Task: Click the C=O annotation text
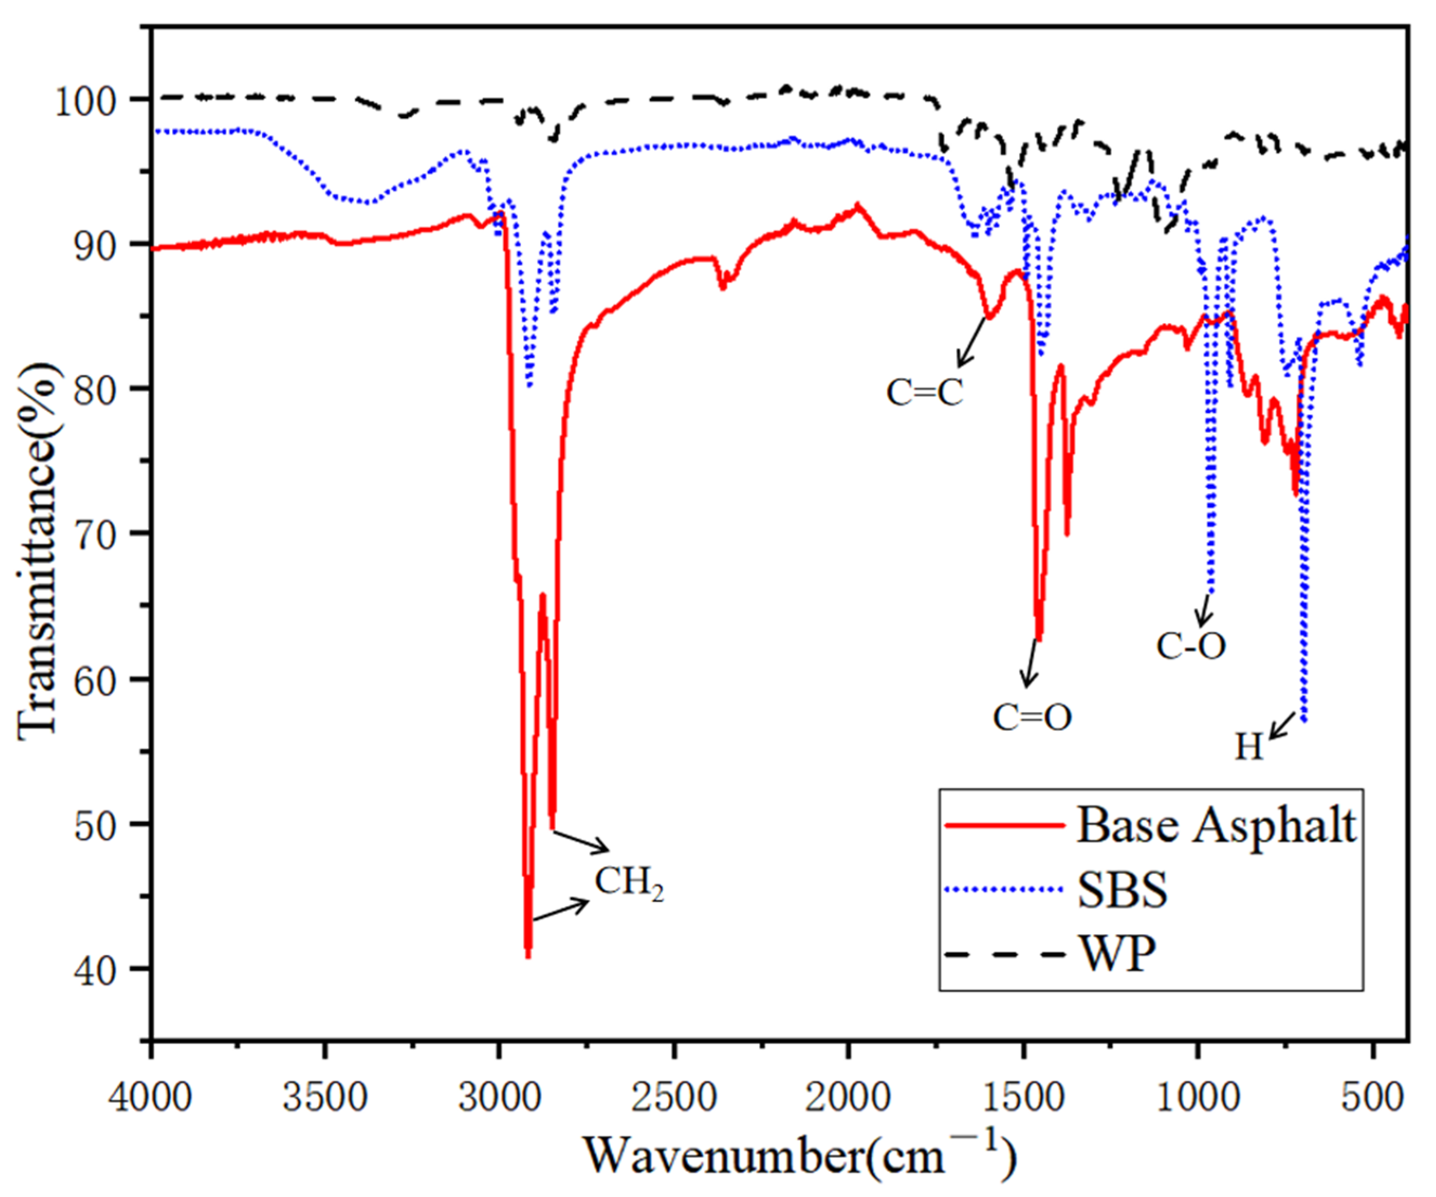(x=1032, y=717)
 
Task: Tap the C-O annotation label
(x=1191, y=645)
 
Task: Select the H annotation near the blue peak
(x=1248, y=747)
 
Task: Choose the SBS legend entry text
(x=1122, y=890)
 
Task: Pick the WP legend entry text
(x=1119, y=953)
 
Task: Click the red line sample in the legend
(x=1004, y=825)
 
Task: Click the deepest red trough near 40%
(x=528, y=956)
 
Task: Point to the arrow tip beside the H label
(x=1270, y=737)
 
